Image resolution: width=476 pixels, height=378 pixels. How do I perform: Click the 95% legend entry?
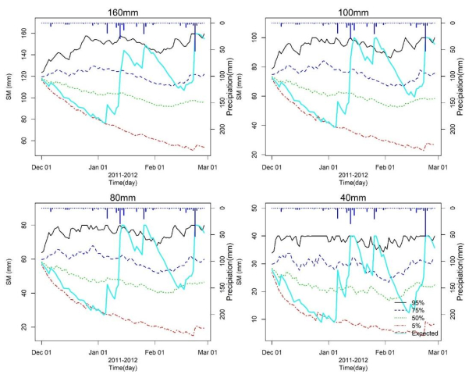(424, 301)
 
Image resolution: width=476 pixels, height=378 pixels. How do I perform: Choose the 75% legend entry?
(424, 309)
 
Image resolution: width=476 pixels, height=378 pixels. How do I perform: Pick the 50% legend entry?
(424, 317)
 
